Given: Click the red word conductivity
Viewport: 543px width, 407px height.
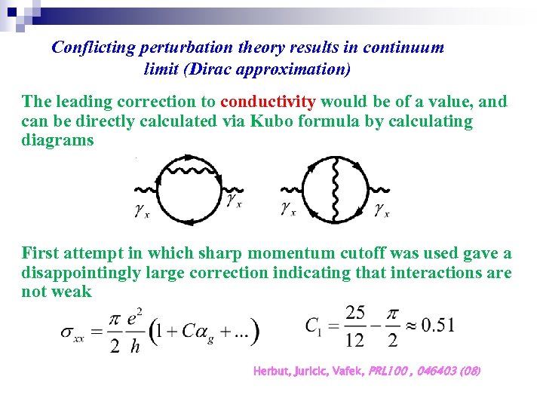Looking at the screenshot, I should [267, 101].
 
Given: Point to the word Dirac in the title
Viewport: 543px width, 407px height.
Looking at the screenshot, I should [217, 69].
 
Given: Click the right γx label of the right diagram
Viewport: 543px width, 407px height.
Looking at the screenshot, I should [382, 210].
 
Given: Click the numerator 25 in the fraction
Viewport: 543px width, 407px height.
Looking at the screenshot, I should [356, 312].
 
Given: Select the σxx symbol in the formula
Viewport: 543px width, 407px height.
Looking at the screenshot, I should [75, 332].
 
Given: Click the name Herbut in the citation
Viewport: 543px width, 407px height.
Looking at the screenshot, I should [271, 371].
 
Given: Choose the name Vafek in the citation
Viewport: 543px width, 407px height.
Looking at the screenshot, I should [347, 371].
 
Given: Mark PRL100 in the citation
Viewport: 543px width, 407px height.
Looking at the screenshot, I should [386, 371].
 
